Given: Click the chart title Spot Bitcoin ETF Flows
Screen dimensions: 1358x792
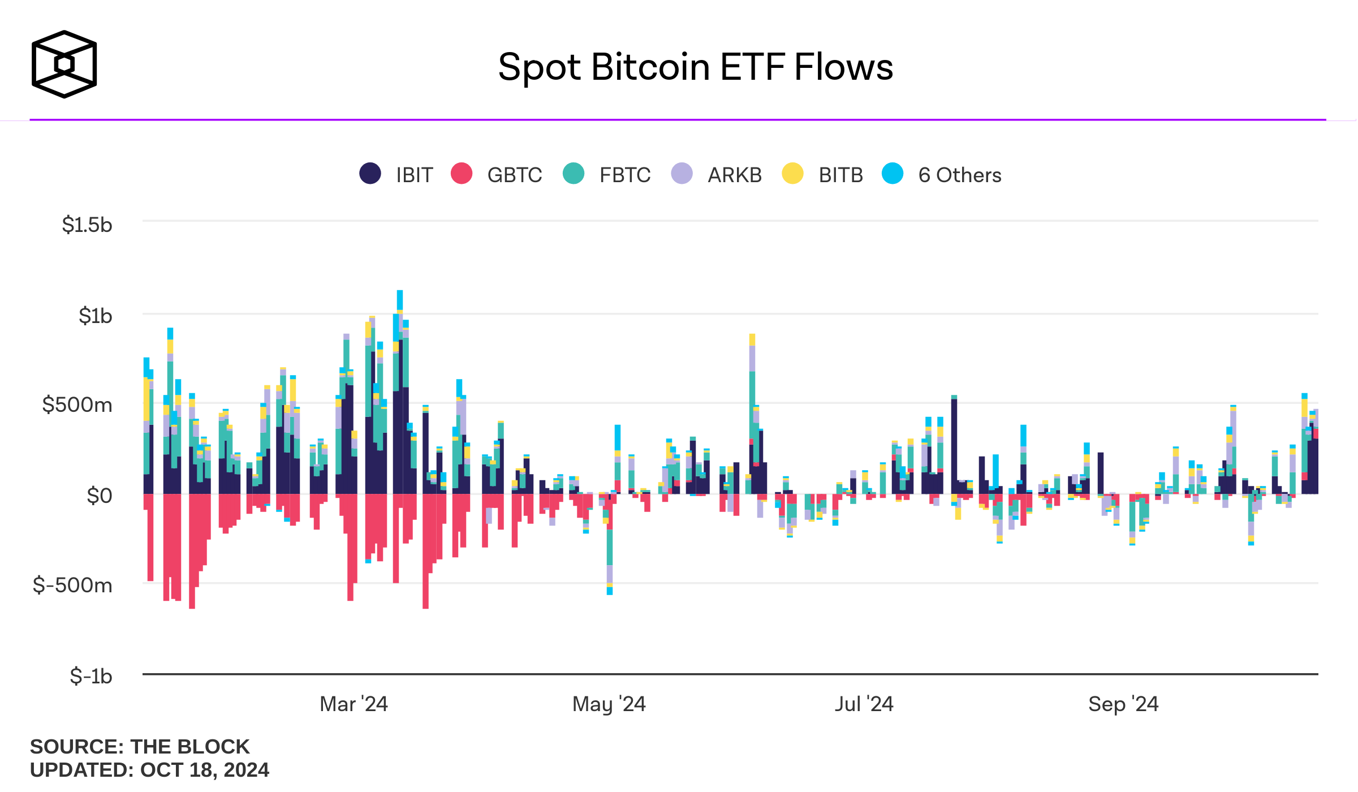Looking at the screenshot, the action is point(695,67).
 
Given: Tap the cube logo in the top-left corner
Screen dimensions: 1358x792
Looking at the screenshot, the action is point(64,64).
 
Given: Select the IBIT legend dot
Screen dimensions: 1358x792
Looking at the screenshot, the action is point(370,173).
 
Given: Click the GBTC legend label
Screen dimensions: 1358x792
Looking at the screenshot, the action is point(515,175).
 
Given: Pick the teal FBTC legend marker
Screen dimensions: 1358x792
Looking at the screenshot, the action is point(574,173).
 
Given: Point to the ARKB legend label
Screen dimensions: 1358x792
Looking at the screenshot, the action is point(735,175).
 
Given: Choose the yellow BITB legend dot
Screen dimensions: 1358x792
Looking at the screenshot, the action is point(793,173).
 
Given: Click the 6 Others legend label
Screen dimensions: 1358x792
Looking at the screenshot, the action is point(960,175).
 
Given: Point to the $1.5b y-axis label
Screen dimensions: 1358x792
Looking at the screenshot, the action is point(87,225).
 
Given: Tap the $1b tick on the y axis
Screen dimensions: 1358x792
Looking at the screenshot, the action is point(96,316).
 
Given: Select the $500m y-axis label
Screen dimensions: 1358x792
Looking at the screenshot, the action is point(77,405).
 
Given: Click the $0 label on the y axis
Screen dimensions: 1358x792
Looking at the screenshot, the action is point(100,496).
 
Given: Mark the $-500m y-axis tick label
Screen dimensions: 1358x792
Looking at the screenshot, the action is point(72,585).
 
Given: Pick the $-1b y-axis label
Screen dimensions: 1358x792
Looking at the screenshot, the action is point(91,675).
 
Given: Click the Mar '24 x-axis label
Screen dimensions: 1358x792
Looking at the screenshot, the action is point(354,704).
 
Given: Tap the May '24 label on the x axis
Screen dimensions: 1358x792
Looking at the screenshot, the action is point(609,704).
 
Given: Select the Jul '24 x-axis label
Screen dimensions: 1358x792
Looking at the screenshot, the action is point(864,704).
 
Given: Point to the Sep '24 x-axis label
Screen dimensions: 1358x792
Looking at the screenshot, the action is point(1124,704).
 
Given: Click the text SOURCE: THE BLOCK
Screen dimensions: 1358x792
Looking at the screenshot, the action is point(140,747).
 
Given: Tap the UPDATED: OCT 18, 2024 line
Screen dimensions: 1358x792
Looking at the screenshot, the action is point(150,770).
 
